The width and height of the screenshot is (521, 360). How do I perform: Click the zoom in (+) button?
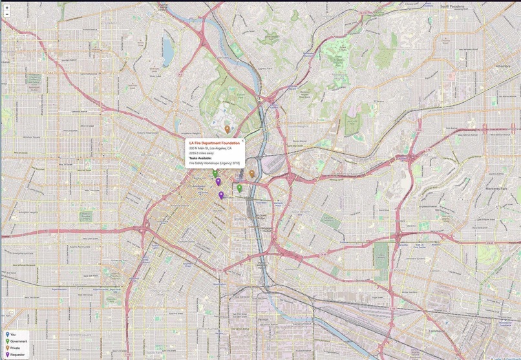(6, 6)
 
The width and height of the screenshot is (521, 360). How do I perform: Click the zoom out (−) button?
(6, 14)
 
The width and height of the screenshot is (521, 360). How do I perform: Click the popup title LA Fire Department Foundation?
(214, 143)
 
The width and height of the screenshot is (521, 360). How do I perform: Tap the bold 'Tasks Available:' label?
(200, 158)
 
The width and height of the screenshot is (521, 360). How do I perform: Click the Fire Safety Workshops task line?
(214, 164)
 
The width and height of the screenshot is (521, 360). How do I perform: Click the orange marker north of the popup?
(227, 129)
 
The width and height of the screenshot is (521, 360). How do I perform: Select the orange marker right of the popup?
(251, 173)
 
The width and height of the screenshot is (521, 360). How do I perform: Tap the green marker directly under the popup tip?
(215, 173)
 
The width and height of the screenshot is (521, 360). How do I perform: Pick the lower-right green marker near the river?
(239, 187)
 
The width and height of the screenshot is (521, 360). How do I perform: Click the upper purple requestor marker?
(218, 182)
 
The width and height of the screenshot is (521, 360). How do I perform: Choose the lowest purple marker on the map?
(221, 195)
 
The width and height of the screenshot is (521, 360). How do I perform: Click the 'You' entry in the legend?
(13, 335)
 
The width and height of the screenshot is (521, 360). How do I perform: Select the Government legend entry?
(18, 341)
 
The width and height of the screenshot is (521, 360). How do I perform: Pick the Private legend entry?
(15, 348)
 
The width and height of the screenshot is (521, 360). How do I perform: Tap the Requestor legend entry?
(17, 355)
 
